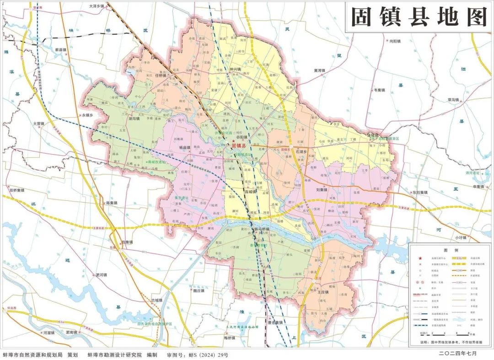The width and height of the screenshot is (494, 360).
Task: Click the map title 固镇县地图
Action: [418, 17]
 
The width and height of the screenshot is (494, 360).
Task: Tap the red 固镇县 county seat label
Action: [238, 145]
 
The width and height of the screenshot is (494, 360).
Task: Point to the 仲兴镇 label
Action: [236, 69]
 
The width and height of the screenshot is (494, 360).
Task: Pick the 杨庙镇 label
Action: [184, 148]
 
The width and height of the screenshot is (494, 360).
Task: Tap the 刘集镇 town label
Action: [323, 189]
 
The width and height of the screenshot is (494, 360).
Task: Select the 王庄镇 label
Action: [323, 291]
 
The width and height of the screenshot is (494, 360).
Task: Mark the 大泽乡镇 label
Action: [97, 6]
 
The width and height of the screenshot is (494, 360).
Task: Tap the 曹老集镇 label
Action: [275, 322]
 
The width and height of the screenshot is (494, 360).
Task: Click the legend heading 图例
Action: [449, 250]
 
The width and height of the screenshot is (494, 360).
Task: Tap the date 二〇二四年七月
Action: [457, 354]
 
